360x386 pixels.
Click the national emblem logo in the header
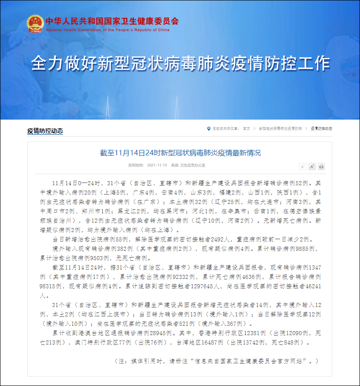coord(34,24)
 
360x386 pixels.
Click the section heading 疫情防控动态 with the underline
coord(45,131)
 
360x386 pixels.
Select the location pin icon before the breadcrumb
coord(209,129)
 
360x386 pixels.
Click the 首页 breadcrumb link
coord(247,129)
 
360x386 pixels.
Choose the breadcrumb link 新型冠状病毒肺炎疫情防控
coord(280,129)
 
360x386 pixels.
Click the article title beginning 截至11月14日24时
coord(180,153)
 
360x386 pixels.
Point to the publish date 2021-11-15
coord(157,165)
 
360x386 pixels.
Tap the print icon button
coord(321,166)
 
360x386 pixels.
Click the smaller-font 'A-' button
coord(302,166)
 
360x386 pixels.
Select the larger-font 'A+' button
coord(312,166)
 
